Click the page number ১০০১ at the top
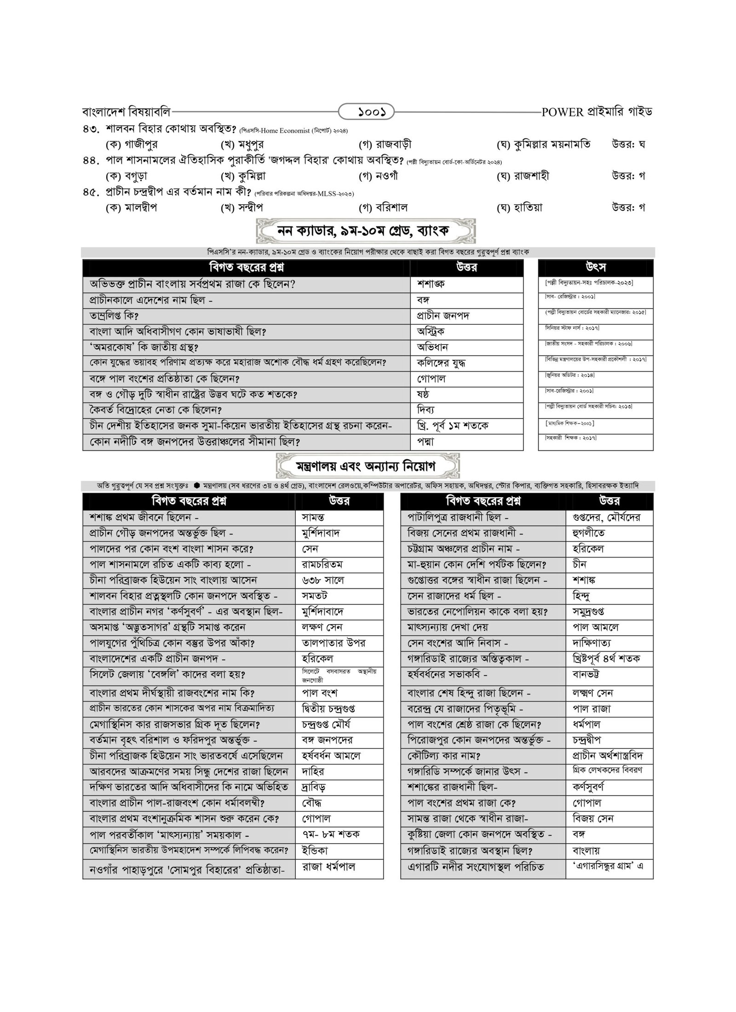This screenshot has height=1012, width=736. (366, 112)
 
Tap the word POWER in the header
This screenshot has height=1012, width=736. (562, 112)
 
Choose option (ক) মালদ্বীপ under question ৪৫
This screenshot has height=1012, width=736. (131, 207)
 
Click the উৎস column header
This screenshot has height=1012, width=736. (595, 267)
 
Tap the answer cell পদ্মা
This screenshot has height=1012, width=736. (425, 442)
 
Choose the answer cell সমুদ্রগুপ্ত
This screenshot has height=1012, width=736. (588, 612)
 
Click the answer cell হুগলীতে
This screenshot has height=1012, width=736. (588, 533)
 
